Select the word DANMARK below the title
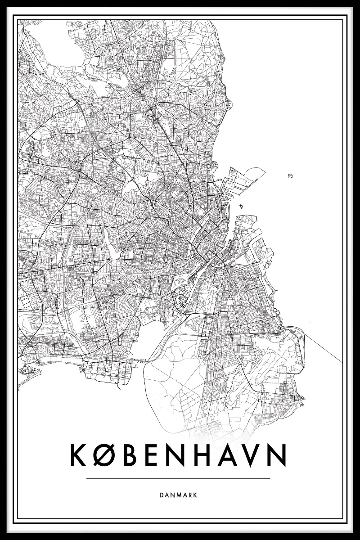179,495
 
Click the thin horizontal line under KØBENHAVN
179,478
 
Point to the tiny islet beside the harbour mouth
242,207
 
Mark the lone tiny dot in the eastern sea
310,323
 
